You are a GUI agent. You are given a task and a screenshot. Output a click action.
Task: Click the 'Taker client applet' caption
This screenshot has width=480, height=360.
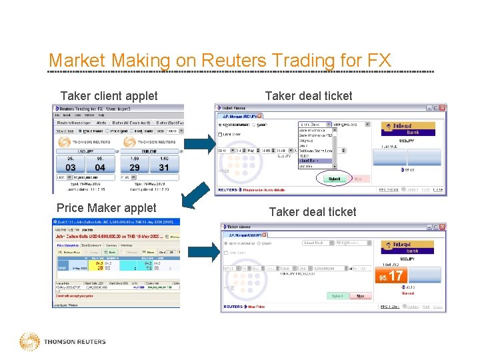[109, 96]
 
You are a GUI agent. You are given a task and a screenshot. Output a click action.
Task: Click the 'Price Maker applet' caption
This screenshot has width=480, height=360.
[107, 208]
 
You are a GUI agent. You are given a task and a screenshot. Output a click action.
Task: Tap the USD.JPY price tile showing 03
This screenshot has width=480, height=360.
[71, 167]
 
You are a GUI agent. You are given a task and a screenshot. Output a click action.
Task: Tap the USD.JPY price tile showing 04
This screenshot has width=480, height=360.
[100, 167]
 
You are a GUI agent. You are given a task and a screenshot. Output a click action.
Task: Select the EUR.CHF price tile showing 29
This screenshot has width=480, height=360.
[135, 167]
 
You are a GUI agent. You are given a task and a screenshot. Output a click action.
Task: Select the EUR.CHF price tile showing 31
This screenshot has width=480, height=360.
[164, 167]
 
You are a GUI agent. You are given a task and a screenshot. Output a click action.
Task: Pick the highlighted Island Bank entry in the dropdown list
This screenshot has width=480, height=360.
[317, 160]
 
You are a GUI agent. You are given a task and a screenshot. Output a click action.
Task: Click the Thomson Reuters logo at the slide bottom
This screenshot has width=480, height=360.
[63, 341]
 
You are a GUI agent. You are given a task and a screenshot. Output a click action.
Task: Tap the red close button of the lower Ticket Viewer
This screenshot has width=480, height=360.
[441, 227]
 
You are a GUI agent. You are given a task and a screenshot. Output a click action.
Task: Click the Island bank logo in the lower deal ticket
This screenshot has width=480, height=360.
[408, 247]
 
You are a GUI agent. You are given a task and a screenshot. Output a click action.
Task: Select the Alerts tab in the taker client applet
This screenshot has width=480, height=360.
[101, 123]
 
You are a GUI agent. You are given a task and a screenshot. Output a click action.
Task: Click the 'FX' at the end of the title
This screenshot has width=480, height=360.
[379, 61]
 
